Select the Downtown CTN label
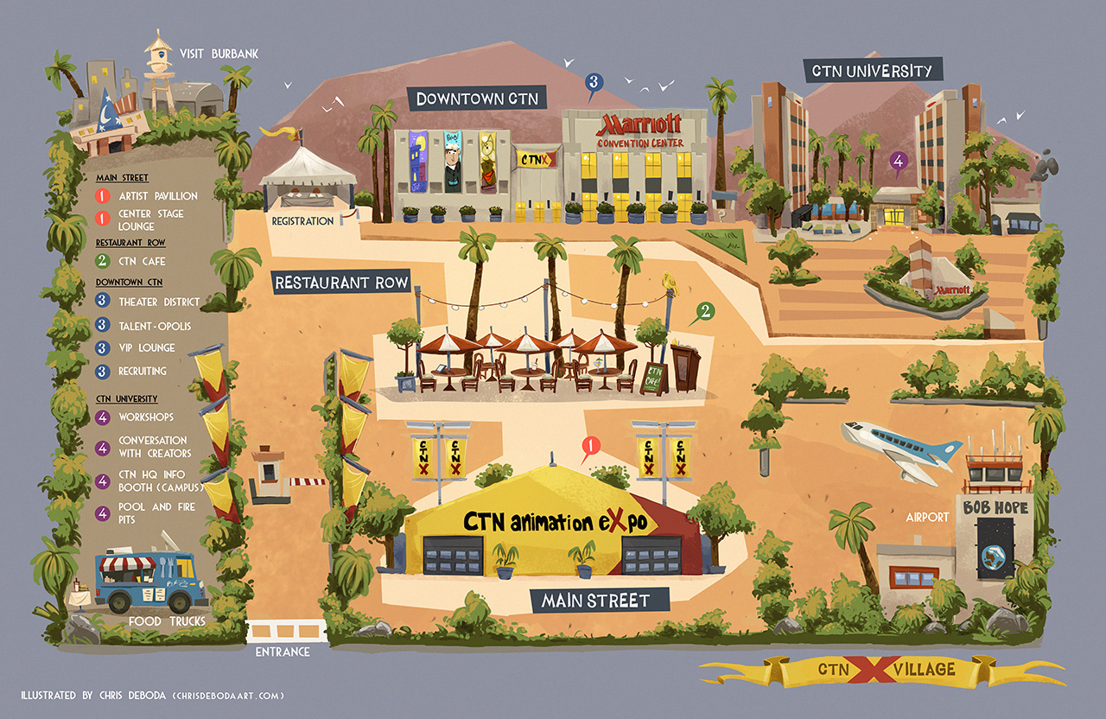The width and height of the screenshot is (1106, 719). pyautogui.click(x=477, y=98)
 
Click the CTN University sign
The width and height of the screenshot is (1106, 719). pyautogui.click(x=873, y=70)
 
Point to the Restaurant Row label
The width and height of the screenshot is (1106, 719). pyautogui.click(x=341, y=283)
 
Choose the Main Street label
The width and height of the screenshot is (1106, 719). pyautogui.click(x=595, y=600)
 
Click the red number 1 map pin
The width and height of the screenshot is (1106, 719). pyautogui.click(x=591, y=447)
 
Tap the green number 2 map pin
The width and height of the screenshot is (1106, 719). pyautogui.click(x=706, y=311)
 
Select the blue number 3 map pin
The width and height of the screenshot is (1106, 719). pyautogui.click(x=593, y=83)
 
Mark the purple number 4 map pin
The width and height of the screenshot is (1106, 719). pyautogui.click(x=899, y=162)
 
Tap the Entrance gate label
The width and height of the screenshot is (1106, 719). pyautogui.click(x=282, y=652)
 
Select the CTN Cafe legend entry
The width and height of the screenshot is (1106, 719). pyautogui.click(x=143, y=261)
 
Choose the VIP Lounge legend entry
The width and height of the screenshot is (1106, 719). pyautogui.click(x=146, y=347)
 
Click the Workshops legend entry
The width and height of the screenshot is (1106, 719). pyautogui.click(x=146, y=417)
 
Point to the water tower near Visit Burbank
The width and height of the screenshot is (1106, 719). pyautogui.click(x=159, y=69)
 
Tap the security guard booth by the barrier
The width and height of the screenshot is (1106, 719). pyautogui.click(x=269, y=474)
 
